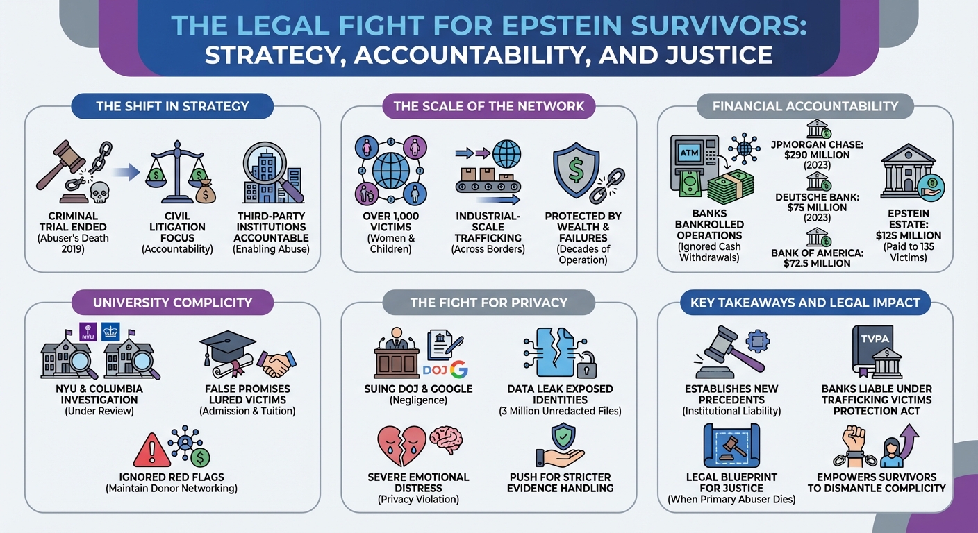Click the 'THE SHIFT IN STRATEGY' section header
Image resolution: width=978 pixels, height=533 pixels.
[172, 106]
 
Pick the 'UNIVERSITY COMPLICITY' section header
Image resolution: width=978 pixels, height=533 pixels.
[172, 302]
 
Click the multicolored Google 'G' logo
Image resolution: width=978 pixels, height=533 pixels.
[458, 369]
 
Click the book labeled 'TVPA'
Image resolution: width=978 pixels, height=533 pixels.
[872, 349]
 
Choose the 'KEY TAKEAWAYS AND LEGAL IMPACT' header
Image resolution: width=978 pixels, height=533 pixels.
[805, 302]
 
